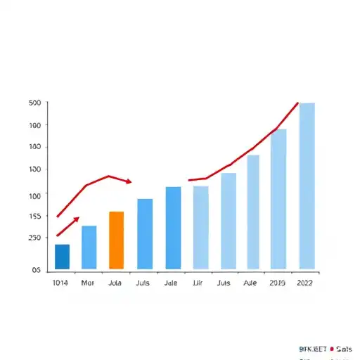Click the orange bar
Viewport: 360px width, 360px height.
[117, 240]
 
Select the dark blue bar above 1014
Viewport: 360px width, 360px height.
[62, 257]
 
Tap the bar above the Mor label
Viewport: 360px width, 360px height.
[89, 247]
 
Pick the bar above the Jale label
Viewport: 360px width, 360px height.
[173, 227]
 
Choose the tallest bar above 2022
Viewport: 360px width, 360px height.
[307, 186]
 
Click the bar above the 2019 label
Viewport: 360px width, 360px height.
[278, 199]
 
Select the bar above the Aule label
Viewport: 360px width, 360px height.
[253, 212]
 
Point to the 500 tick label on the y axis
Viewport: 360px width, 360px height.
[34, 103]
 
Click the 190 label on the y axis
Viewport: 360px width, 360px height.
[34, 125]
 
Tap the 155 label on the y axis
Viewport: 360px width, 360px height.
[34, 217]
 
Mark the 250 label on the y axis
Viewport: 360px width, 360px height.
[34, 238]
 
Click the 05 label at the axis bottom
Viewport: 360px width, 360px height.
[35, 270]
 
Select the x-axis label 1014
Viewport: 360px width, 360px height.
[61, 283]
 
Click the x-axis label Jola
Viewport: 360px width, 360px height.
[116, 283]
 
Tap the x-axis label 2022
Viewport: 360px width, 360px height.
[305, 283]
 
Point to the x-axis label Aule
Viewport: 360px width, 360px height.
[250, 283]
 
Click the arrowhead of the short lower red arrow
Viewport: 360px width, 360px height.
[77, 219]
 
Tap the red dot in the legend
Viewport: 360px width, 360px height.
[331, 347]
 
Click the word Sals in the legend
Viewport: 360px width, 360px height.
[345, 347]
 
